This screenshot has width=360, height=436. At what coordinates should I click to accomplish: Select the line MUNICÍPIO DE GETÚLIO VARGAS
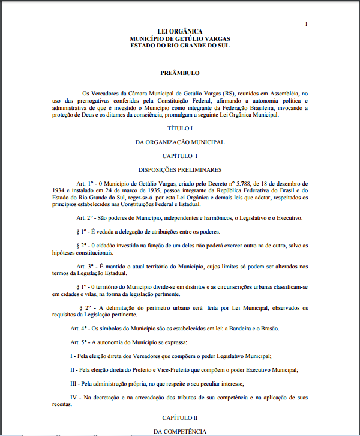pos(179,38)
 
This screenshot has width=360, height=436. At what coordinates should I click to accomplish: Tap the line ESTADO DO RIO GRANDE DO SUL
pos(179,46)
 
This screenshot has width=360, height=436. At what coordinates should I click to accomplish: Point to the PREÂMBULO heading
pos(179,73)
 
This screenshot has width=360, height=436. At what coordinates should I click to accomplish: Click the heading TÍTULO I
pos(179,129)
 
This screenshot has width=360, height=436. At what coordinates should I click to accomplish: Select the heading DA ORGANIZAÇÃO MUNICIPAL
pos(179,142)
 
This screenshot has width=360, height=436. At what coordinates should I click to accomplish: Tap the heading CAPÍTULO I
pos(179,156)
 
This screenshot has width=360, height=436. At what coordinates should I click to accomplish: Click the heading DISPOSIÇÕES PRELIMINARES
pos(179,170)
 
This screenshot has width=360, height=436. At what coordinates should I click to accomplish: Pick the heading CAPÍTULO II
pos(179,417)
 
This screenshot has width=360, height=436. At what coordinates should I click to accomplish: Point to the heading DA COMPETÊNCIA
pos(179,431)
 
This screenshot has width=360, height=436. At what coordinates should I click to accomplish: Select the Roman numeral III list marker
pos(74,384)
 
